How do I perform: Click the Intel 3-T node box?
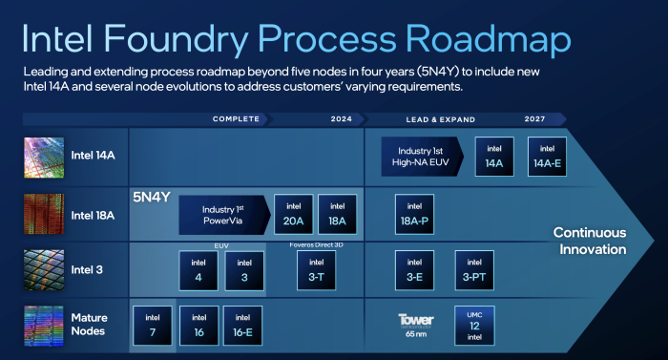coord(317,270)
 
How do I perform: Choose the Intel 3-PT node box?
coord(474,270)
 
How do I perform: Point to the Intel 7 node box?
coord(152,326)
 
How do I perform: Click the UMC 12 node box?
coord(474,326)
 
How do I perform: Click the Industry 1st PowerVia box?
coord(224,215)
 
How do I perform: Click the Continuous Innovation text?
coord(590,241)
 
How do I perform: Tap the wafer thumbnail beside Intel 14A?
coord(44,157)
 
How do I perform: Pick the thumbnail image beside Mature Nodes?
coord(44,325)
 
